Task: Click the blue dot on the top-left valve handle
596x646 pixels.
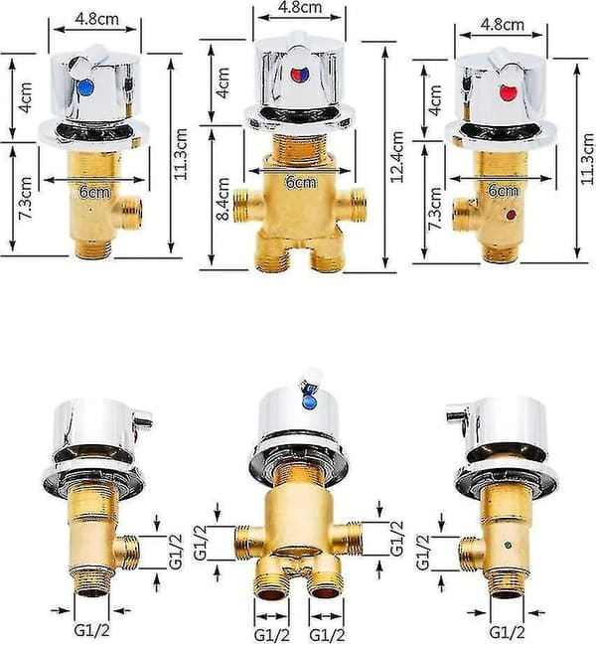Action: (x=85, y=87)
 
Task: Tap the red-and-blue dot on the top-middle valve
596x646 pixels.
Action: (x=299, y=75)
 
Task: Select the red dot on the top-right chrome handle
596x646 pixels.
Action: (x=508, y=92)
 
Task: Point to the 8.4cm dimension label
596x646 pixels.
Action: (x=223, y=199)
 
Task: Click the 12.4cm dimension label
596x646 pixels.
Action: (x=397, y=157)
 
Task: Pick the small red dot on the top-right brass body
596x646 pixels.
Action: (x=512, y=215)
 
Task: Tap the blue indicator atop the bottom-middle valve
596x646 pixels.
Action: (x=309, y=402)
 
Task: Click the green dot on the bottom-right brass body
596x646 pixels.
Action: (x=510, y=547)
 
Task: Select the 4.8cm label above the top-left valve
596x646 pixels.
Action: (x=96, y=19)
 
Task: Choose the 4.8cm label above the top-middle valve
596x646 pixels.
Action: (x=300, y=7)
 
